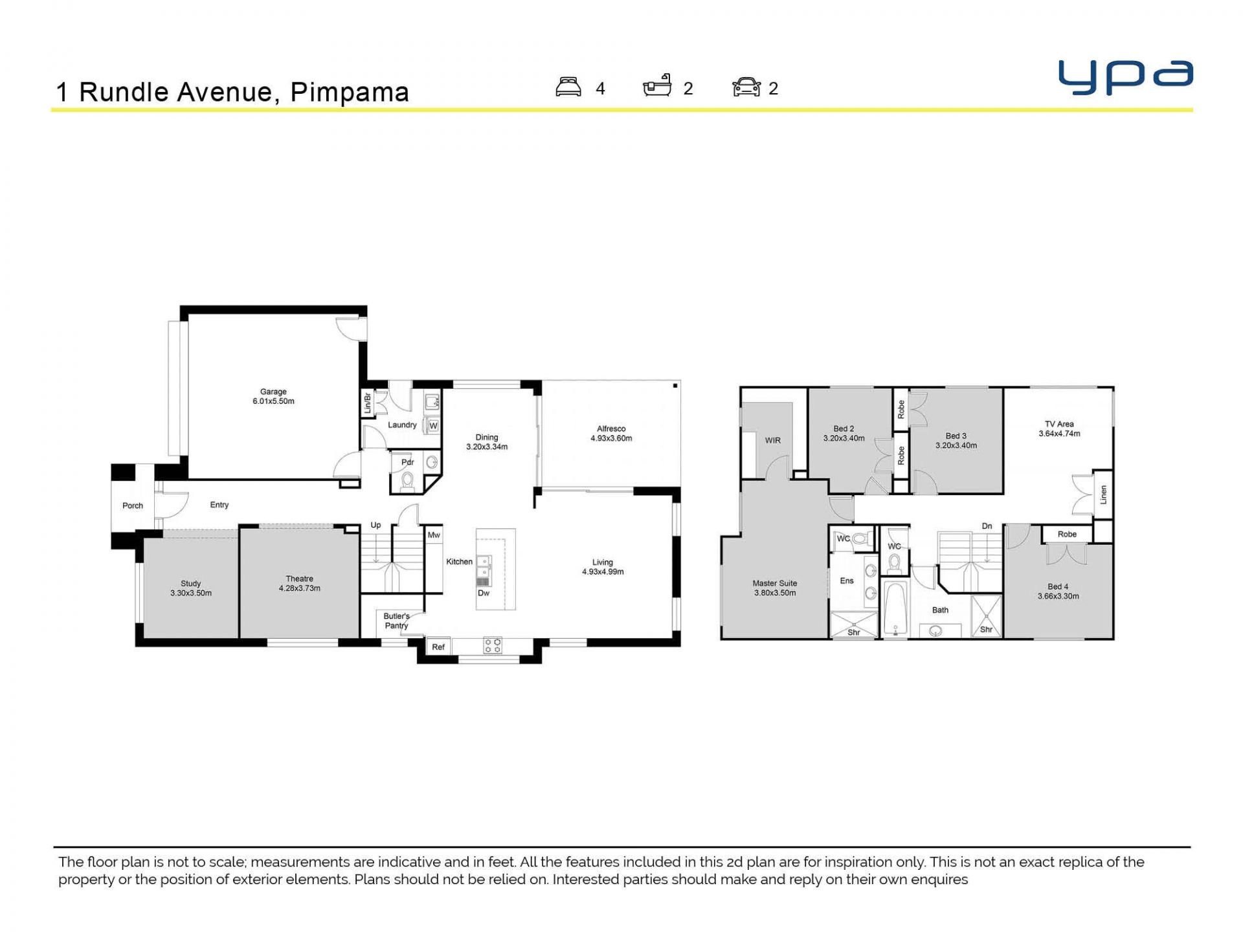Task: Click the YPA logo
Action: tap(1125, 78)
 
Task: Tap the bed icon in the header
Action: tap(568, 87)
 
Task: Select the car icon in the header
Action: tap(746, 87)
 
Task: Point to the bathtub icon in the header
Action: tap(657, 85)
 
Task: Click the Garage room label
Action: tap(273, 392)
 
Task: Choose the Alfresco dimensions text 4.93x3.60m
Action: tap(611, 438)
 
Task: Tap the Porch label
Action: tap(133, 505)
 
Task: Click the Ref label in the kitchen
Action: tap(438, 647)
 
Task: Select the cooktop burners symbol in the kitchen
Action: tap(492, 645)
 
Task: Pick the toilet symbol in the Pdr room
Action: tap(407, 481)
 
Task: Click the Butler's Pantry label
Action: tap(396, 621)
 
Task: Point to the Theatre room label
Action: tap(300, 579)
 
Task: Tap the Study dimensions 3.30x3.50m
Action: tap(191, 593)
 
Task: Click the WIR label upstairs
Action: tap(773, 440)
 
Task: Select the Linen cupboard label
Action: tap(1103, 495)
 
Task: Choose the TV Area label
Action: tap(1059, 424)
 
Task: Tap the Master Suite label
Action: tap(775, 583)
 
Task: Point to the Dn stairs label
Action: tap(987, 526)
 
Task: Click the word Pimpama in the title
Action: tap(350, 92)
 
